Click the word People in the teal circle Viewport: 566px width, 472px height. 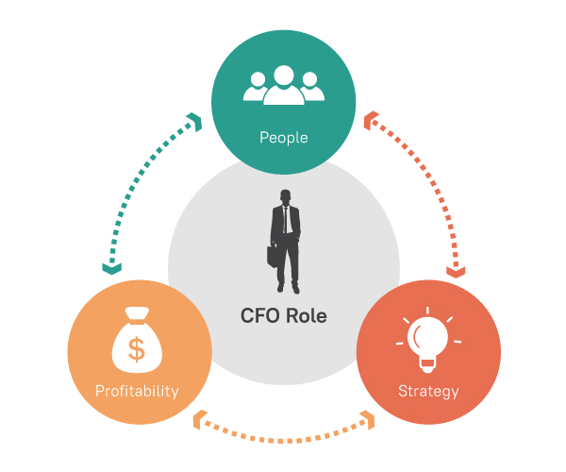pos(284,138)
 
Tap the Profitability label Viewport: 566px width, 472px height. pos(137,392)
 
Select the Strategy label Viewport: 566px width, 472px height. pos(428,392)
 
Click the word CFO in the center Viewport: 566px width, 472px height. pos(260,315)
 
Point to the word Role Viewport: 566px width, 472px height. pos(307,315)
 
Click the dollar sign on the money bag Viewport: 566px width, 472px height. pos(137,349)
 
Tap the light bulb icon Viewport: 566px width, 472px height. pos(428,341)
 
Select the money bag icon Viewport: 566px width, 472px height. pos(137,340)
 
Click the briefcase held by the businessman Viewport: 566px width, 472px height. pos(274,256)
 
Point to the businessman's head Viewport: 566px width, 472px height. pos(286,197)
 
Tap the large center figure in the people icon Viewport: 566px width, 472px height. pos(284,85)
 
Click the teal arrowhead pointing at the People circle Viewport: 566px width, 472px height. pos(195,122)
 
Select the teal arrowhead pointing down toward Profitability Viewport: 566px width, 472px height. pos(112,269)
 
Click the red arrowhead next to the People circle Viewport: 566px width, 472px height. pos(371,120)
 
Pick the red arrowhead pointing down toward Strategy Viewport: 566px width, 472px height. pos(456,272)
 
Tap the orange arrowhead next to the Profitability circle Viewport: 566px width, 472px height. pos(200,420)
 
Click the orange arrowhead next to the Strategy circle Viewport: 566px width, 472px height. pos(368,420)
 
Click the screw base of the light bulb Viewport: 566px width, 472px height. pos(427,365)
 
